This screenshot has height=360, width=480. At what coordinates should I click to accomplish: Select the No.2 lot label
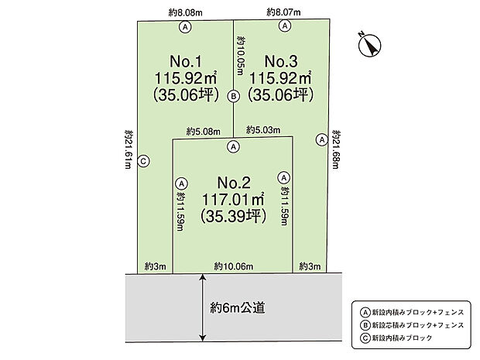point(233,183)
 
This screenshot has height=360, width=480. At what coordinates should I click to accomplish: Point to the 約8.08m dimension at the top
point(185,12)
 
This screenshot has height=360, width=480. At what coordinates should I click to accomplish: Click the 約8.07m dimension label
point(283,12)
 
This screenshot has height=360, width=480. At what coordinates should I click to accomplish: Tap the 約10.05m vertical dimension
point(241,61)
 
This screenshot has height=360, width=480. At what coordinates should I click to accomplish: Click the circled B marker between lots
point(233,97)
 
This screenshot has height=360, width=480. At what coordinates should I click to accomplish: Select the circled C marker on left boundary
point(144,161)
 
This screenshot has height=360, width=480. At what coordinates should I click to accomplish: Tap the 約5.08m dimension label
point(202,131)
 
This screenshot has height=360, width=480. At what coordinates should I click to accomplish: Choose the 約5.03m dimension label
point(263,131)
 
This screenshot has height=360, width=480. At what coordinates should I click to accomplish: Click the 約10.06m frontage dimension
point(232,266)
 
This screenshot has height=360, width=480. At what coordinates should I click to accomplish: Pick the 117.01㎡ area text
point(233,201)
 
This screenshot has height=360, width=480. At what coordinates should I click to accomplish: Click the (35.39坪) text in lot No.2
point(233,218)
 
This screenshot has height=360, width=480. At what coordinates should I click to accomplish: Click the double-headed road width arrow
point(203,307)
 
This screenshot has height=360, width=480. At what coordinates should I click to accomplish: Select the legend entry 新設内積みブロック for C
point(398,338)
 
